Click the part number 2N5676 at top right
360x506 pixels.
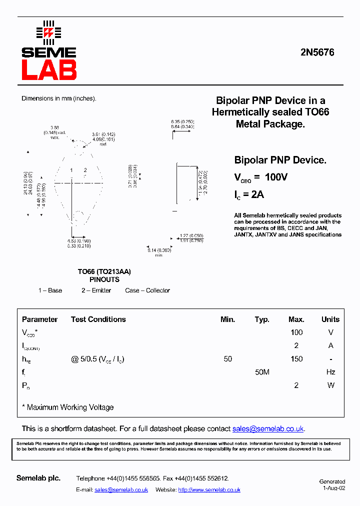pyautogui.click(x=317, y=52)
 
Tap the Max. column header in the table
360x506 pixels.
pyautogui.click(x=296, y=319)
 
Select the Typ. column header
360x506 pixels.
pyautogui.click(x=261, y=319)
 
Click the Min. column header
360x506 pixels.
pyautogui.click(x=227, y=319)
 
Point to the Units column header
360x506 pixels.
pyautogui.click(x=330, y=319)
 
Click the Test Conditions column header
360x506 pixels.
pyautogui.click(x=98, y=319)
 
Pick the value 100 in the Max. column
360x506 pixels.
pyautogui.click(x=296, y=332)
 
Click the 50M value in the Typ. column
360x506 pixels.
pyautogui.click(x=261, y=372)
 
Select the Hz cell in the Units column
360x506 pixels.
pyautogui.click(x=330, y=372)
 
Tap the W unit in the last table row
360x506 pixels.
pyautogui.click(x=330, y=385)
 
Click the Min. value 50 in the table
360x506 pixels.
pyautogui.click(x=228, y=359)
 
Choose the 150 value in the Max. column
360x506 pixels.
pyautogui.click(x=296, y=359)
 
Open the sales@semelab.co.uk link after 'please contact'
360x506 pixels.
pyautogui.click(x=268, y=429)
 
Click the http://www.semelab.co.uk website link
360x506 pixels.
pyautogui.click(x=209, y=490)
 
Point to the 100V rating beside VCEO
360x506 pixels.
pyautogui.click(x=276, y=177)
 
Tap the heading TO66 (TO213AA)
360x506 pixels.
pyautogui.click(x=104, y=271)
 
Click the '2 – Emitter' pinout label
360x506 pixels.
pyautogui.click(x=96, y=290)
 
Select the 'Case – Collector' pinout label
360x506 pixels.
pyautogui.click(x=147, y=290)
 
